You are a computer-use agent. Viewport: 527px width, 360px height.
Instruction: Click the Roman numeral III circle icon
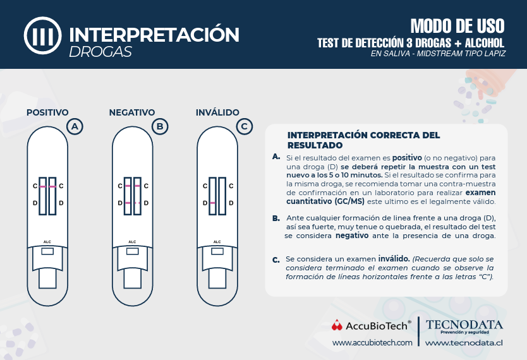click(x=43, y=35)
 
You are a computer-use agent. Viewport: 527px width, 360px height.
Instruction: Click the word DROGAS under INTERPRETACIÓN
click(x=100, y=52)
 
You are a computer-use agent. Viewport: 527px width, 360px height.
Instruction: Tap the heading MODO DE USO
click(x=457, y=26)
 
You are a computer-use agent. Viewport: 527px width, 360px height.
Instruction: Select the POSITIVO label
click(x=47, y=112)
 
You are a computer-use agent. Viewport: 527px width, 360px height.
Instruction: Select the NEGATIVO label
click(x=132, y=112)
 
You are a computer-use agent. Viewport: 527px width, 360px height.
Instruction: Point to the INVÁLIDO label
click(x=217, y=112)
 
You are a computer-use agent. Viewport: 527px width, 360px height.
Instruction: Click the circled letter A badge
click(x=75, y=126)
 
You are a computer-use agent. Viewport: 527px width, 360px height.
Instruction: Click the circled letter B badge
click(x=160, y=126)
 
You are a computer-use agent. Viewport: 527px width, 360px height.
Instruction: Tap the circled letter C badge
click(x=245, y=126)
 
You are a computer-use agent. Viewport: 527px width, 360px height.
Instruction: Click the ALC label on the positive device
click(x=47, y=242)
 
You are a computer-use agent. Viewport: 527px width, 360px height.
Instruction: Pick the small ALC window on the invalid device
click(x=217, y=251)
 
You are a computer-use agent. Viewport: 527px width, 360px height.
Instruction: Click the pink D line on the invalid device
click(x=212, y=203)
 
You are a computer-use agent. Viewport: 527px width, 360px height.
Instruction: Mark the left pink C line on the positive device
click(x=43, y=186)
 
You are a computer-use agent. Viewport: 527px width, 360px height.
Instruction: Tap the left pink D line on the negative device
click(x=128, y=203)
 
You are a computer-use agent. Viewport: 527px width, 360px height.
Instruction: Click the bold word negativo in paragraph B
click(x=352, y=236)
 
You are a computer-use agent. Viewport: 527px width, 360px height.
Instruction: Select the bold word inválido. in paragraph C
click(x=394, y=259)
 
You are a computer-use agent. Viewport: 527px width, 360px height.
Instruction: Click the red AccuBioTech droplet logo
click(x=337, y=325)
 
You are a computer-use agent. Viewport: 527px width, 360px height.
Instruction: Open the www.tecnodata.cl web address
click(x=464, y=343)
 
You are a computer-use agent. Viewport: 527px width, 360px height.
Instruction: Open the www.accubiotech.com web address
click(x=372, y=343)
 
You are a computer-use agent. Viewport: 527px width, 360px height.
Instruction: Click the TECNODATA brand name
click(x=464, y=325)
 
